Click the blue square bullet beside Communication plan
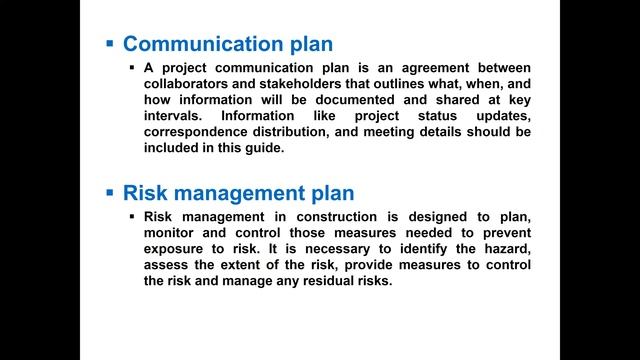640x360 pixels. click(x=110, y=44)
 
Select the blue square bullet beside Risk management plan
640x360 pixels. click(x=110, y=192)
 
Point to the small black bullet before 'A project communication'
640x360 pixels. click(x=132, y=66)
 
